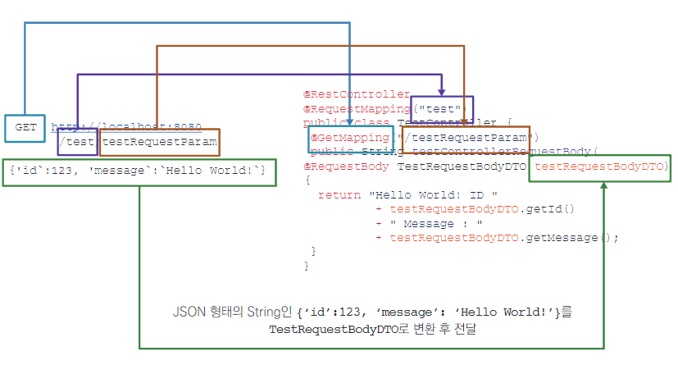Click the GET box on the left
25,128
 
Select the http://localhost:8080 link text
126,127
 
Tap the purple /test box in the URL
78,142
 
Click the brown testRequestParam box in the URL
160,142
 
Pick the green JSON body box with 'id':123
139,171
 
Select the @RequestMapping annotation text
357,109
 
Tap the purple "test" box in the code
441,109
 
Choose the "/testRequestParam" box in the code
466,138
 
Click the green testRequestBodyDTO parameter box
599,166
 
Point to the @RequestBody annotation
347,166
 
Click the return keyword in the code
338,195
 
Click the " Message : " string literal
436,224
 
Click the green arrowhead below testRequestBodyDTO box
604,186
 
